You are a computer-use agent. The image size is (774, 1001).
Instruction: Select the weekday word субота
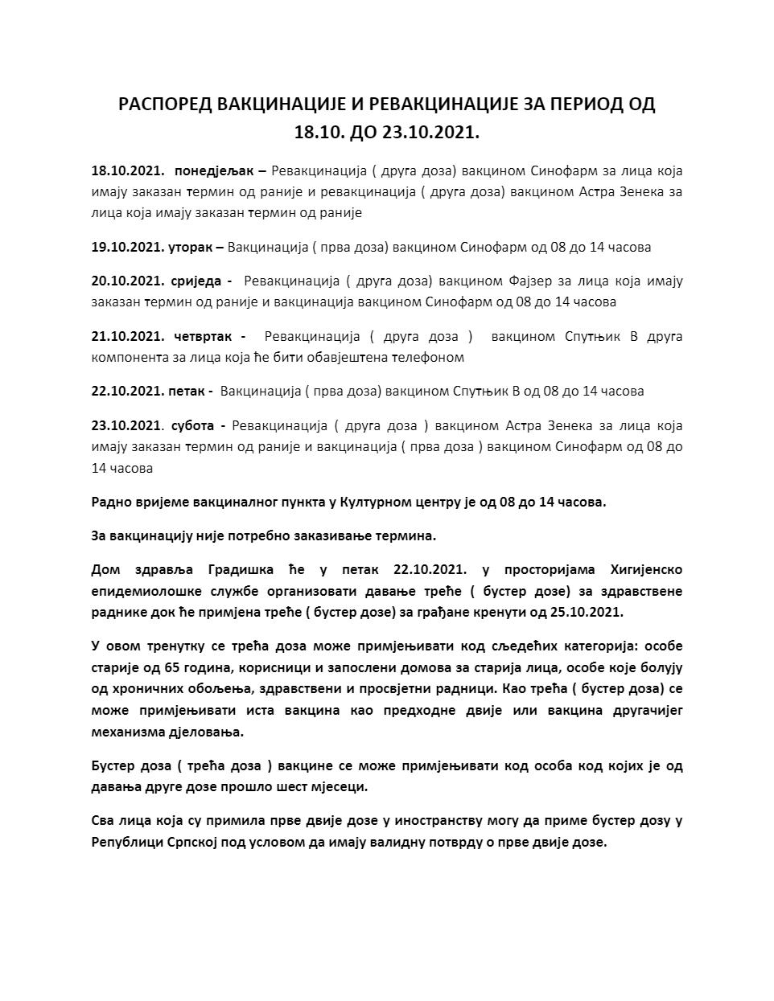point(192,425)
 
